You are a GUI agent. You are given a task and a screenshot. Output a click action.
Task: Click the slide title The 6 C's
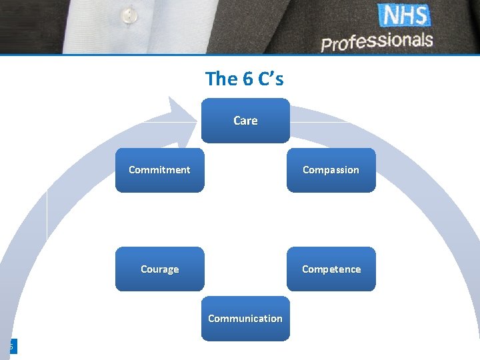245,79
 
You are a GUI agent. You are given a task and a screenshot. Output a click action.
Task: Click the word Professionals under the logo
377,41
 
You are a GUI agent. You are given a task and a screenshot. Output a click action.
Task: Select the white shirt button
129,14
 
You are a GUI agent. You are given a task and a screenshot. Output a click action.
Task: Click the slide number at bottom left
11,347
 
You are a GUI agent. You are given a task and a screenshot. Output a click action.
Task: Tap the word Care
245,121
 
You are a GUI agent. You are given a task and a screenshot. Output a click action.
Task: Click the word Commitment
159,170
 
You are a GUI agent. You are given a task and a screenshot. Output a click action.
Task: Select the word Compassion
331,170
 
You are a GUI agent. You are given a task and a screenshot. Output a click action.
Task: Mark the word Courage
159,269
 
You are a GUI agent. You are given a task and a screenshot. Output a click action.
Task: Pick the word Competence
331,269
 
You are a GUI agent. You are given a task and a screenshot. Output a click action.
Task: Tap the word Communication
245,319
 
